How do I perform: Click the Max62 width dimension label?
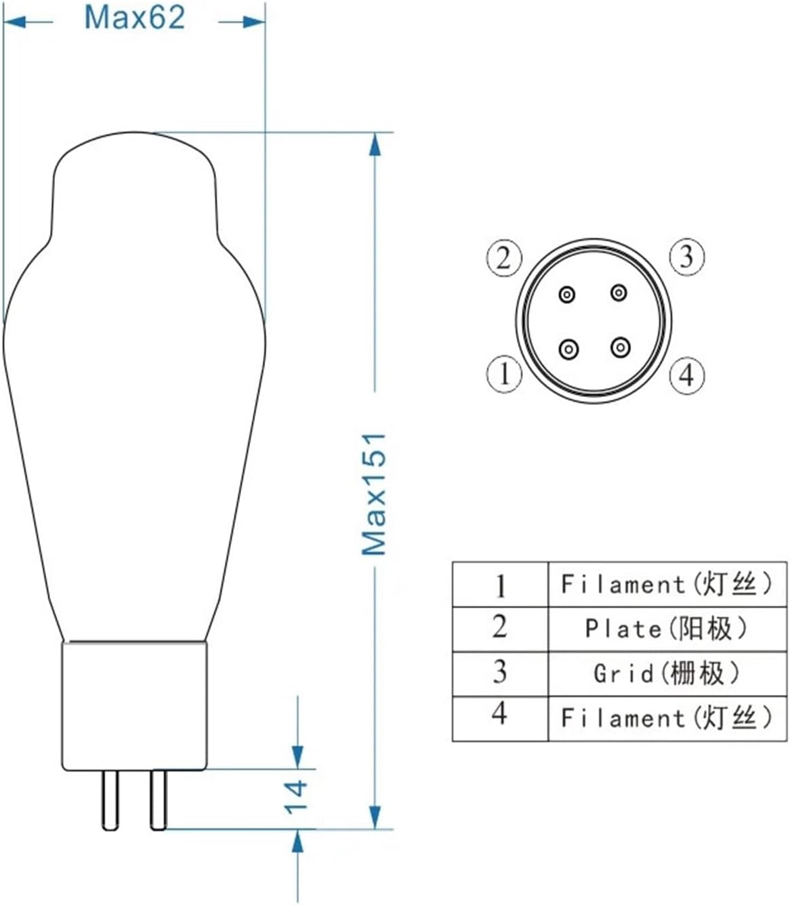coord(134,17)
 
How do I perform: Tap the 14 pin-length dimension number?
coord(295,797)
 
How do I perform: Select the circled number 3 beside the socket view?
coord(687,257)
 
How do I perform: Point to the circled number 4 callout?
coord(687,375)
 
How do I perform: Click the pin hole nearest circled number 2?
coord(567,294)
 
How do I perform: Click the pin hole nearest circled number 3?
coord(619,293)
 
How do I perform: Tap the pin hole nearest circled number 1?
coord(568,350)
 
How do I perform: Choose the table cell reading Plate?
coord(666,629)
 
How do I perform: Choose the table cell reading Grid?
coord(666,673)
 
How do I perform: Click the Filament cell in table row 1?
coord(666,584)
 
